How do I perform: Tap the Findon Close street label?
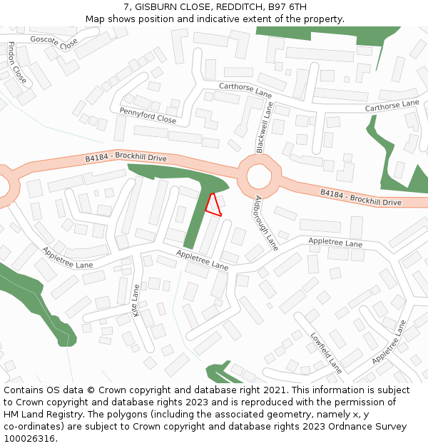click(17, 62)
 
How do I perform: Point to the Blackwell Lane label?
click(264, 126)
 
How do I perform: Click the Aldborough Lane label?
click(265, 222)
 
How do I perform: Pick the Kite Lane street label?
click(136, 300)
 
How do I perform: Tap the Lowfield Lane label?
click(326, 352)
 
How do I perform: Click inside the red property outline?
click(213, 205)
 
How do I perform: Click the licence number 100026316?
click(29, 439)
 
